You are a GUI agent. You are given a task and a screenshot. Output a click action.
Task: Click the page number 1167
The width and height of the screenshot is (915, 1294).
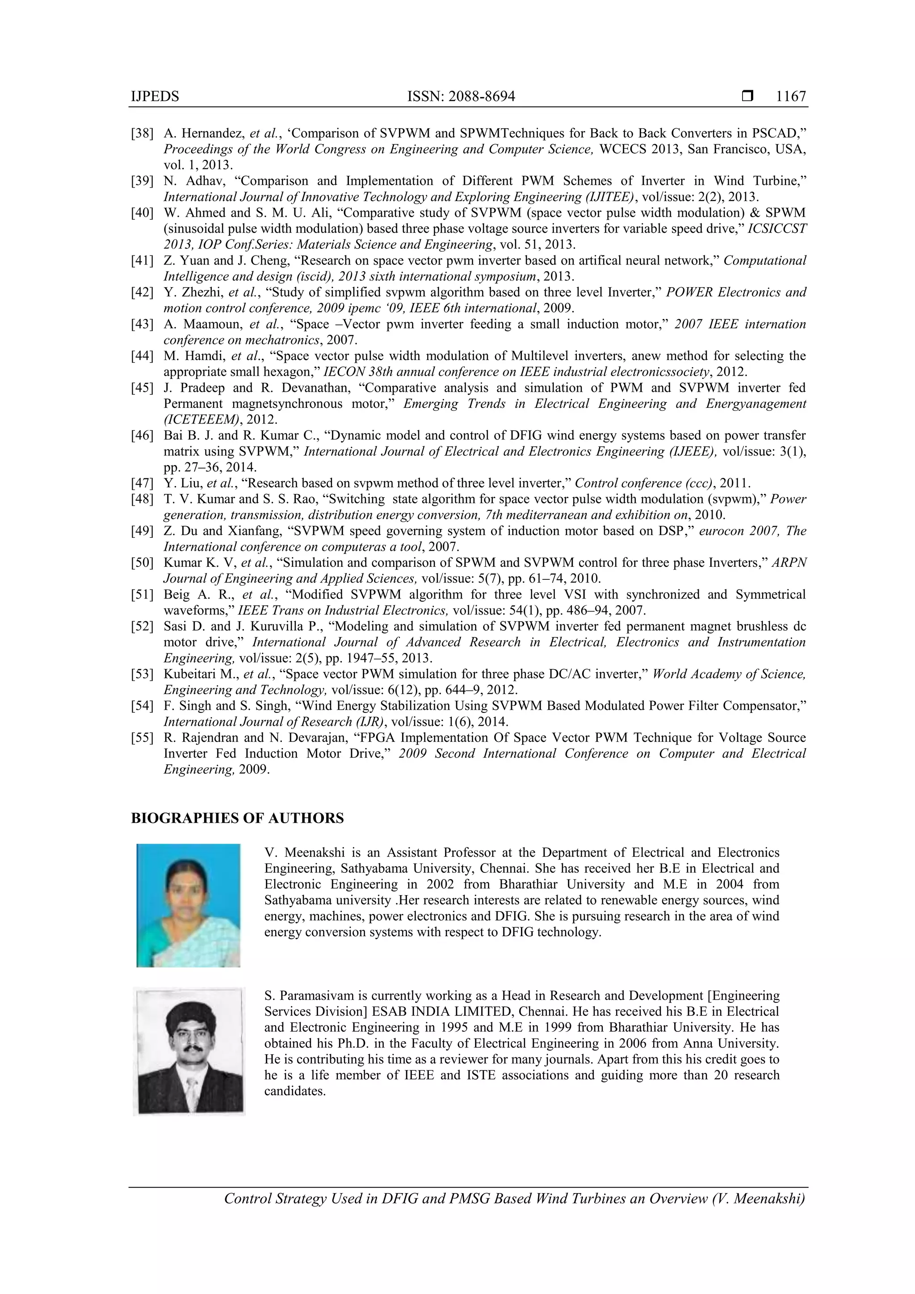pos(790,96)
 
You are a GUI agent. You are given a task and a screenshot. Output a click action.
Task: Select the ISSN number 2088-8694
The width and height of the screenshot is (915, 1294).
pos(483,96)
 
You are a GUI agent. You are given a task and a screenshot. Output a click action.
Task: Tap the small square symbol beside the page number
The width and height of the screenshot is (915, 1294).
pos(747,96)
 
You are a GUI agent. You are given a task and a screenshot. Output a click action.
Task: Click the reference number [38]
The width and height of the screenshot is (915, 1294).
pos(142,134)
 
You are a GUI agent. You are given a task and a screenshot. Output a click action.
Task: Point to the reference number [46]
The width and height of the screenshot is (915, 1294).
pos(142,436)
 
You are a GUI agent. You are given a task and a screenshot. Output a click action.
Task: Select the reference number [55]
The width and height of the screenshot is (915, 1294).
pos(142,738)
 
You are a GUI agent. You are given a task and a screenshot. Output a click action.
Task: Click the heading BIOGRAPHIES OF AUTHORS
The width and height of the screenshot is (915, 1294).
pos(237,818)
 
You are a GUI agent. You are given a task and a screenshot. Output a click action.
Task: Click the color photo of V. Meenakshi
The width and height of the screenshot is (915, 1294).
pos(188,905)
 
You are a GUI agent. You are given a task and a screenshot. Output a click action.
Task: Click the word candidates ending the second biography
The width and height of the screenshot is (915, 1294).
pos(294,1091)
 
